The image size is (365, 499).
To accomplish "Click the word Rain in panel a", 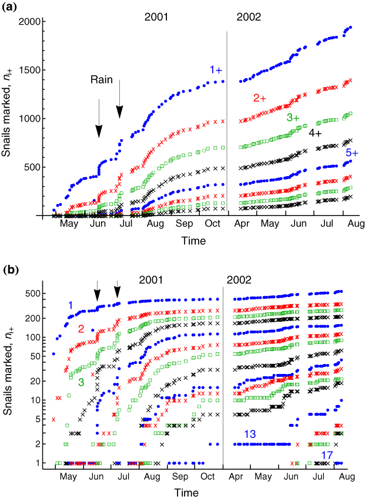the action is tap(102, 80).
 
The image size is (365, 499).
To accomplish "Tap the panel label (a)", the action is tap(9, 7).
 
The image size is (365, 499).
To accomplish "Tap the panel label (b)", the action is tap(11, 270).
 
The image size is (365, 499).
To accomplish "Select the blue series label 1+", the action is tap(216, 70).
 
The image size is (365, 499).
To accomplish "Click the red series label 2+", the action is tap(260, 99).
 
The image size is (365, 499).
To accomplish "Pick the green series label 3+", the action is tap(293, 117).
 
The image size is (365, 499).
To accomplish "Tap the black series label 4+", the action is tap(315, 133).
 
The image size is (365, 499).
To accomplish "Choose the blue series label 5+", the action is tap(352, 153).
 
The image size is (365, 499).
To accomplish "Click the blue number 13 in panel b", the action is tap(250, 434).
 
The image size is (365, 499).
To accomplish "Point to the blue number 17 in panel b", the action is tap(327, 456).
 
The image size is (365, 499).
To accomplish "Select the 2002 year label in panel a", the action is tap(249, 17).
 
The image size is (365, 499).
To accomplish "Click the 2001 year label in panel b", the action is tap(150, 280).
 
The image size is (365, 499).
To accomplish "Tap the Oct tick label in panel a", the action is tap(212, 224).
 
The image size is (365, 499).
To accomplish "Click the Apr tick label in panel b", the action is tap(236, 477).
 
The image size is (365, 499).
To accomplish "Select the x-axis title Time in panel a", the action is tap(193, 241).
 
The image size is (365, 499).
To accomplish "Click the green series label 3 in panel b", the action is tap(81, 382).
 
